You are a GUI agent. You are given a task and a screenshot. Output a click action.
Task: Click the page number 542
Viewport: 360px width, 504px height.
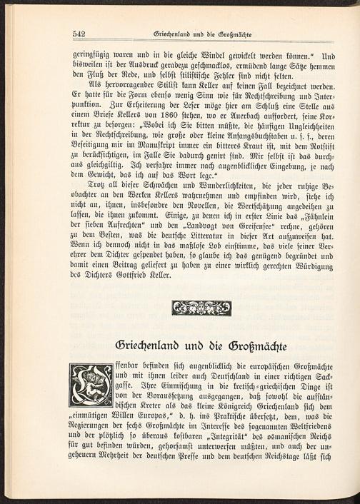tap(79, 34)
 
